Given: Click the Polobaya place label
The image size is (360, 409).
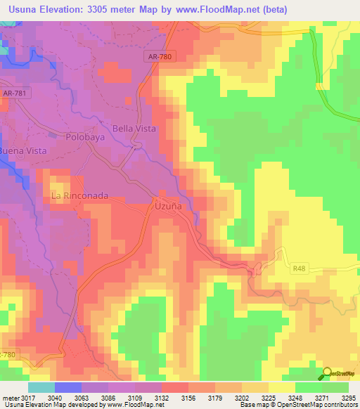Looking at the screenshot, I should coord(85,138).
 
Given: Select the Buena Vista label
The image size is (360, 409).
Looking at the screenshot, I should coord(22,151).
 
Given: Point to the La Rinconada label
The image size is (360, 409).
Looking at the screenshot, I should coord(80,196).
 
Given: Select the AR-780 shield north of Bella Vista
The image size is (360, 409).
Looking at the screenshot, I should coord(161,58).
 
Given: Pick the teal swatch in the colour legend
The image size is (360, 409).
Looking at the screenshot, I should coord(41,388).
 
